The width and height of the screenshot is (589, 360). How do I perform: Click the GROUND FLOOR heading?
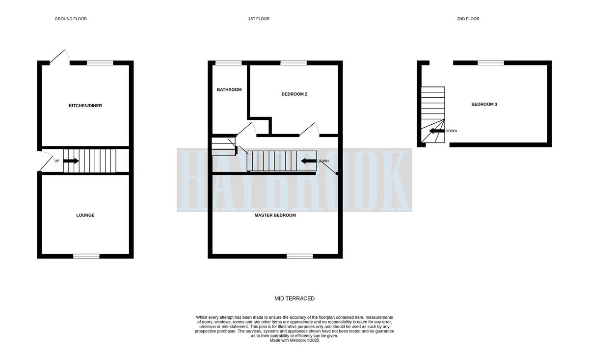[71, 19]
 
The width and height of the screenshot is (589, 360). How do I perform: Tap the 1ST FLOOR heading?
[259, 19]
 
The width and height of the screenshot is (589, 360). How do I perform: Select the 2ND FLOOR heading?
[468, 19]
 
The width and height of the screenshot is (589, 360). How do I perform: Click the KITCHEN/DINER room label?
[85, 106]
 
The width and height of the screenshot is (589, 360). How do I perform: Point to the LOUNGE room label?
[85, 215]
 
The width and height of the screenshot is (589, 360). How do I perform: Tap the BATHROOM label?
[229, 89]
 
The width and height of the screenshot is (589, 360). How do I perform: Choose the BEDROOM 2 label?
[294, 94]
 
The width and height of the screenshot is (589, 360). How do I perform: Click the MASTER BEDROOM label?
[275, 215]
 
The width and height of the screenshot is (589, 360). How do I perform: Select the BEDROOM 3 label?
[484, 104]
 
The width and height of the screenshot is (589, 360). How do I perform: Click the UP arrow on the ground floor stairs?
[71, 161]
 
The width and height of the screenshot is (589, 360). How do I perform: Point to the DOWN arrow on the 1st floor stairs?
[309, 161]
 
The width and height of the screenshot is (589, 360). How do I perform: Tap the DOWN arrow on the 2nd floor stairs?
[437, 131]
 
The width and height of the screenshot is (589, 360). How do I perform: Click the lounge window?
[86, 256]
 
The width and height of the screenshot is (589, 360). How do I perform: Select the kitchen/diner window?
[100, 63]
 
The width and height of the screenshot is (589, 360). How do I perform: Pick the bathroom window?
[229, 63]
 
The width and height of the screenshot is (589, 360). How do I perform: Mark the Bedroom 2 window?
[294, 63]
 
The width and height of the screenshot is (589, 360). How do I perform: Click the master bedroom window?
[300, 256]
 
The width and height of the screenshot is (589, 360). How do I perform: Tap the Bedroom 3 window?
[491, 63]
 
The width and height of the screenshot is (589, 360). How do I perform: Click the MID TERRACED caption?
[294, 299]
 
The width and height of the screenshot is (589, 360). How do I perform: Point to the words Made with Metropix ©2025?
[294, 340]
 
